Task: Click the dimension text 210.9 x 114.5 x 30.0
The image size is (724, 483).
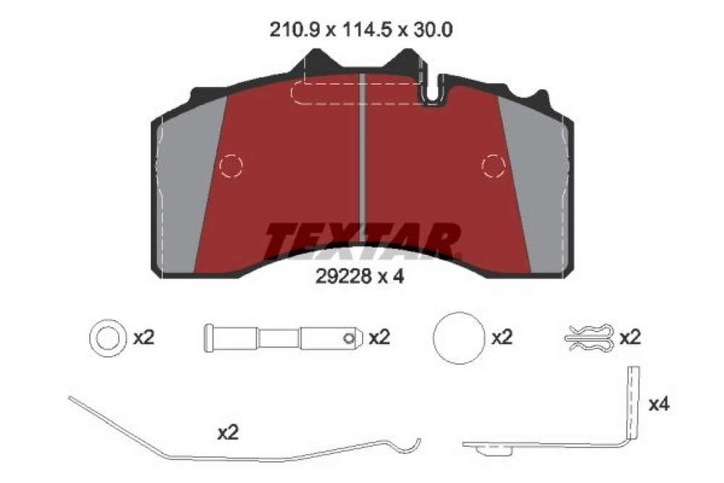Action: (361, 30)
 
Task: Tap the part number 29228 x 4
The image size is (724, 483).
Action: (360, 277)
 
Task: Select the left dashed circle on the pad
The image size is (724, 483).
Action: (231, 165)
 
